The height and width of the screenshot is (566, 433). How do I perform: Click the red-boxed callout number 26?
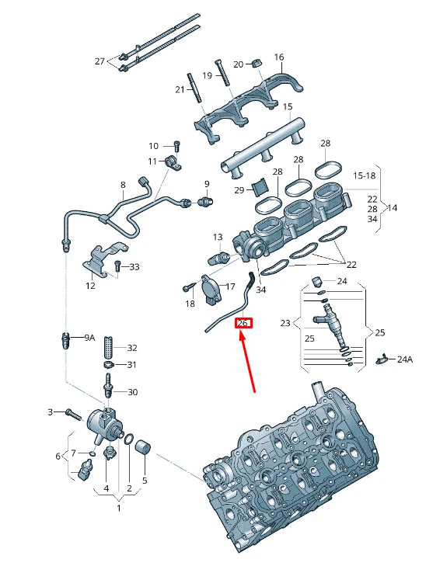[x=243, y=324]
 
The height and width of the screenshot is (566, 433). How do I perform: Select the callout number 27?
[x=99, y=61]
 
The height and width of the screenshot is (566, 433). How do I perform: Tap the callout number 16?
[x=279, y=57]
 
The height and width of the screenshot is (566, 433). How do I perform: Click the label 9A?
[x=89, y=338]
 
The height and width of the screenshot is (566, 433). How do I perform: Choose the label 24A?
[x=404, y=359]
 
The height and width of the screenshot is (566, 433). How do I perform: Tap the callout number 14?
[x=393, y=208]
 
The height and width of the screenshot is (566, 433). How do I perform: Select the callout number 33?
[x=134, y=267]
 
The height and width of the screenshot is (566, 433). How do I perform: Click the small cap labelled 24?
[x=317, y=280]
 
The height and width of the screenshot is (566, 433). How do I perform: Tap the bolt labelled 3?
[x=71, y=413]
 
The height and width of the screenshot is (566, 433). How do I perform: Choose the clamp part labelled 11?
[x=173, y=163]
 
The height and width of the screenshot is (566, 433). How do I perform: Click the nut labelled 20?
[x=259, y=62]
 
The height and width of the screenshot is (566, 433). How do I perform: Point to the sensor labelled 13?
[x=218, y=256]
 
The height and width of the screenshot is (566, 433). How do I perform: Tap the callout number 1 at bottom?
[x=118, y=509]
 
